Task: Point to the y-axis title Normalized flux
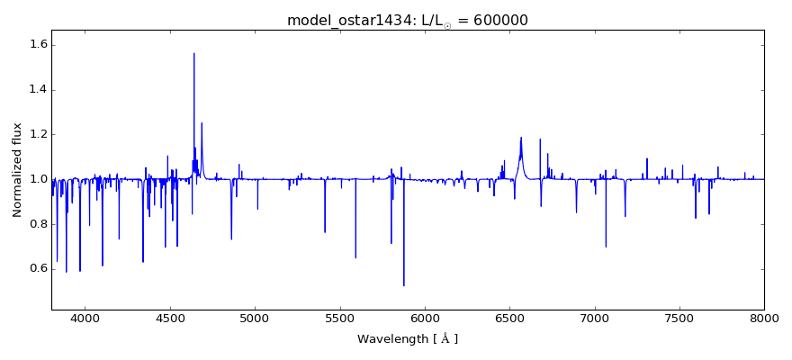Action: [17, 169]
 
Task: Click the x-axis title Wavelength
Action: [407, 339]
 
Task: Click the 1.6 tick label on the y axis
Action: [39, 45]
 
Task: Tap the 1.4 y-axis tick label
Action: [39, 90]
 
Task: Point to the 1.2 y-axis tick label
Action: [39, 135]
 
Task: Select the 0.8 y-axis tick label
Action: [39, 224]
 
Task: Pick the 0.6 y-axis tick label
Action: [39, 268]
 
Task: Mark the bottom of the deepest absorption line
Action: [403, 285]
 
